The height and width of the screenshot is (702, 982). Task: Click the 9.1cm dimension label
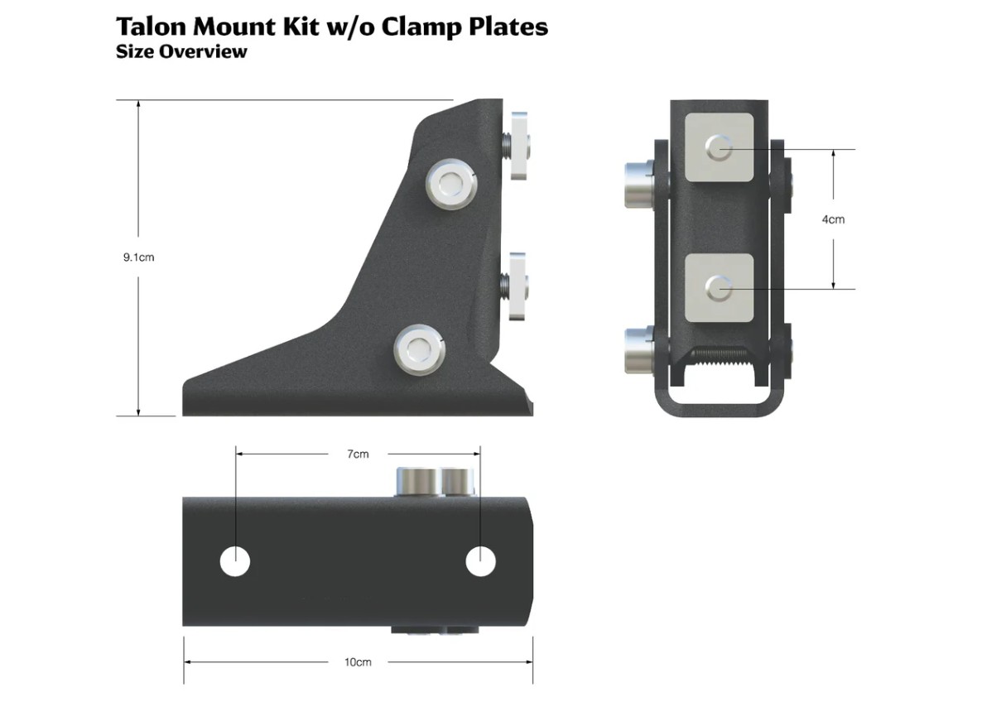[x=139, y=257]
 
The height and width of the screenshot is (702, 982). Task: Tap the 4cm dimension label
[x=833, y=219]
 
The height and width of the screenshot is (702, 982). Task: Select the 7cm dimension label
[x=358, y=454]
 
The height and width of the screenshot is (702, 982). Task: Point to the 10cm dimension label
[x=358, y=662]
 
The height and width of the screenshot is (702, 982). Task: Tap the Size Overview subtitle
[x=181, y=51]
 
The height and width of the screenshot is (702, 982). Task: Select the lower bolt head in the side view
[x=420, y=349]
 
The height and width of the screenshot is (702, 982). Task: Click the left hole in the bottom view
[x=235, y=561]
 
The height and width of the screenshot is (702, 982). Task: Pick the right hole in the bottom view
[x=480, y=561]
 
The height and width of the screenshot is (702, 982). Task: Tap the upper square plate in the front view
[x=720, y=148]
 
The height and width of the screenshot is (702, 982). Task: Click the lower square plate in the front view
[x=720, y=287]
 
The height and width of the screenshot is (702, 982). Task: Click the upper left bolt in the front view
[x=638, y=183]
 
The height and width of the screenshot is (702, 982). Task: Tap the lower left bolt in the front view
[x=638, y=349]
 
